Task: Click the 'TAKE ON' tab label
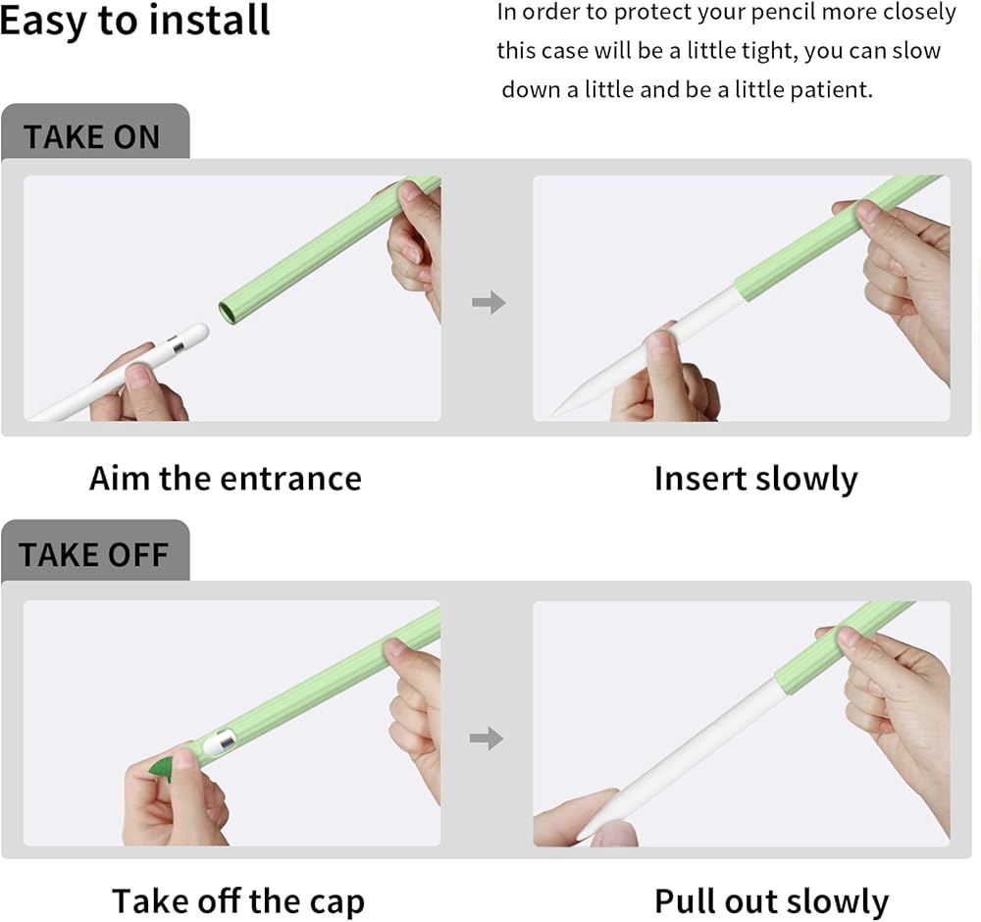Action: click(92, 137)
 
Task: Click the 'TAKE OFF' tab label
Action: click(94, 554)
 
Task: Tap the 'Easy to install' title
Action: click(134, 21)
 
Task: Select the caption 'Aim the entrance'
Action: click(226, 479)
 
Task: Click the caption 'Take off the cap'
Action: click(237, 902)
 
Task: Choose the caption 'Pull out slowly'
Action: click(771, 902)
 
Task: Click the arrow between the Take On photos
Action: click(489, 302)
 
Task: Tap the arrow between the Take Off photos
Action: click(487, 739)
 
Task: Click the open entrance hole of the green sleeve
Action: click(228, 312)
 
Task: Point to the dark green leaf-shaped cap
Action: click(162, 767)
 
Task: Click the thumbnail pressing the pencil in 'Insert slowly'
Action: click(660, 346)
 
